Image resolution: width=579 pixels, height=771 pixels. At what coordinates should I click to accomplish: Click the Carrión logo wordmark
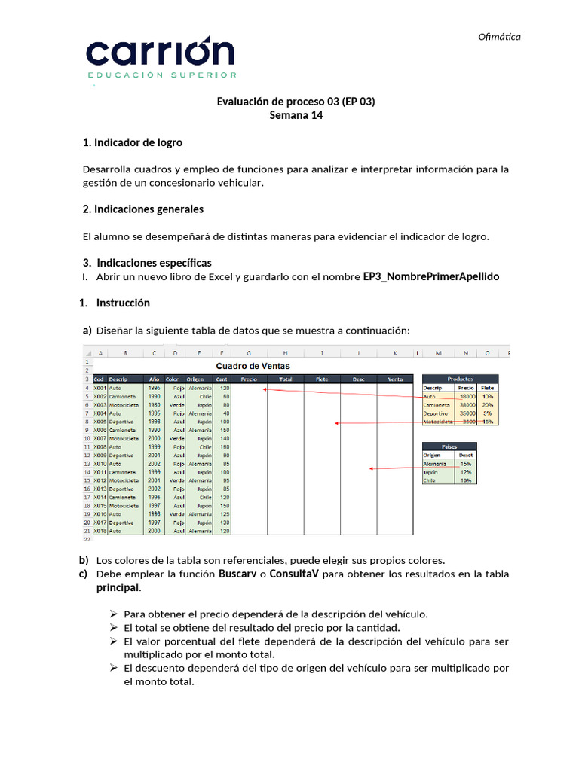[x=161, y=53]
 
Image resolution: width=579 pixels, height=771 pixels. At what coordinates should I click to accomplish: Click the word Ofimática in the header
[x=500, y=37]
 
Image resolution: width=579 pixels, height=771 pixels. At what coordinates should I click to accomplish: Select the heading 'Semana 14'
[x=296, y=115]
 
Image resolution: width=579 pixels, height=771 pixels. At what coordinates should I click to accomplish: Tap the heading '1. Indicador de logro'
[x=132, y=142]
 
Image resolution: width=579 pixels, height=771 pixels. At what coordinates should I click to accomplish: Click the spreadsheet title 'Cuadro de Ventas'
[x=253, y=366]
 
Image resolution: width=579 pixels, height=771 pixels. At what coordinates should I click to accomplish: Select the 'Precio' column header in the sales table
[x=249, y=379]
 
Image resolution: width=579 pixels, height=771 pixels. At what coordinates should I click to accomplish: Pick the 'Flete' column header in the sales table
[x=322, y=379]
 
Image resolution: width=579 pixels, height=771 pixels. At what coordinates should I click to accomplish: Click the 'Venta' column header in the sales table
[x=395, y=379]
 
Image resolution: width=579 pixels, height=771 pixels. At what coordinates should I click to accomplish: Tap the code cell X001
[x=100, y=388]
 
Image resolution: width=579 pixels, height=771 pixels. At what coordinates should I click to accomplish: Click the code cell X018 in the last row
[x=100, y=530]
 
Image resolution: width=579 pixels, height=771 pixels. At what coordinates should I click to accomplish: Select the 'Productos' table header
[x=460, y=379]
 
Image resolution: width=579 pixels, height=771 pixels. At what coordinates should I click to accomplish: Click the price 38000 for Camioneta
[x=467, y=405]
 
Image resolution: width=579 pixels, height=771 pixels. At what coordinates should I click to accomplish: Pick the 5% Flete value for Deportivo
[x=488, y=413]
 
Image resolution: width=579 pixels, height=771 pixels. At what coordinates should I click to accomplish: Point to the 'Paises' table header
[x=450, y=446]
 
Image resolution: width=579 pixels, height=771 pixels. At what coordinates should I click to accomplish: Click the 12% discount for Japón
[x=467, y=472]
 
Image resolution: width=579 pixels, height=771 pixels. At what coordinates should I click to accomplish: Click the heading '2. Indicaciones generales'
[x=142, y=209]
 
